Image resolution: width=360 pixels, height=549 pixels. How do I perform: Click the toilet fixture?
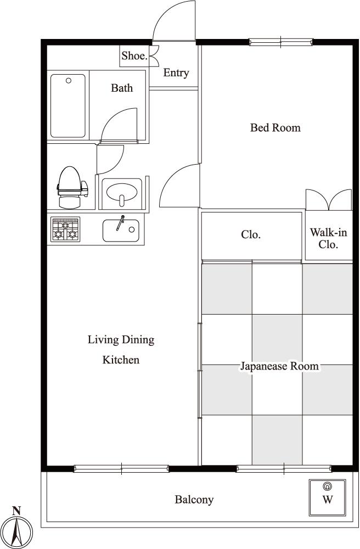click(72, 187)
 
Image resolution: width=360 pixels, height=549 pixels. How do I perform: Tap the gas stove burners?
click(65, 229)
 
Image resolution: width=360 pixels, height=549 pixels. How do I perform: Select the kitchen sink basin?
click(121, 231)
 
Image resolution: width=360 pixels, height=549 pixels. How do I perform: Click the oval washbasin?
click(122, 192)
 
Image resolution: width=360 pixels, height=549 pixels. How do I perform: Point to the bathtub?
click(68, 106)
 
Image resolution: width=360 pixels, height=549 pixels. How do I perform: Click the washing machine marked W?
click(328, 497)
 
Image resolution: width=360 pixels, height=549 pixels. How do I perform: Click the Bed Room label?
click(275, 127)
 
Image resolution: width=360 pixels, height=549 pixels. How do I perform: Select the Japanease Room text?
click(279, 366)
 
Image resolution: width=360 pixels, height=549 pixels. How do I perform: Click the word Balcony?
click(194, 499)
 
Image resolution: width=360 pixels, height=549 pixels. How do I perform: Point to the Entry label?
click(176, 73)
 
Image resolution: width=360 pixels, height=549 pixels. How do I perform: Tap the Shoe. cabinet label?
click(134, 55)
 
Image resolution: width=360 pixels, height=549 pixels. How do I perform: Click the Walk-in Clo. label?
click(328, 238)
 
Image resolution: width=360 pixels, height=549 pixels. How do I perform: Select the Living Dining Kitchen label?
click(121, 349)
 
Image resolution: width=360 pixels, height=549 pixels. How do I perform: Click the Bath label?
click(122, 87)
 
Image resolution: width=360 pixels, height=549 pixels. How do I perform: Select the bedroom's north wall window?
click(281, 42)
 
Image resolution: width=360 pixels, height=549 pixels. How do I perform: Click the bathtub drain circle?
click(69, 81)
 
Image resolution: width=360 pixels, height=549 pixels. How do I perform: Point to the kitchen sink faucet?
click(120, 223)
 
